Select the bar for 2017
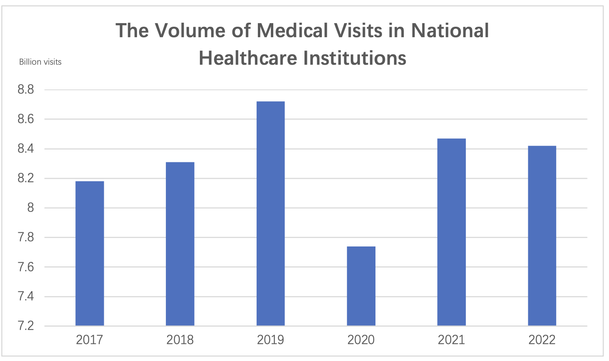(90, 253)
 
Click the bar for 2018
(180, 244)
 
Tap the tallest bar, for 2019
(270, 214)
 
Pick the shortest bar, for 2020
(361, 286)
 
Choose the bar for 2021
(451, 232)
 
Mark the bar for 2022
(542, 236)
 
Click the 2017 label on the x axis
(90, 340)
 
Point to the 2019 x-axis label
(270, 340)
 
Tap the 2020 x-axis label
(361, 340)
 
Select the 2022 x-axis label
(542, 340)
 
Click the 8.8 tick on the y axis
(26, 90)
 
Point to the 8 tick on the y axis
(30, 208)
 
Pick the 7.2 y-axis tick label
(26, 326)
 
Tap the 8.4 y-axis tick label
(26, 149)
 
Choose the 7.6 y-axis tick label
(26, 267)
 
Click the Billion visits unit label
(40, 62)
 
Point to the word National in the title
(450, 31)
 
